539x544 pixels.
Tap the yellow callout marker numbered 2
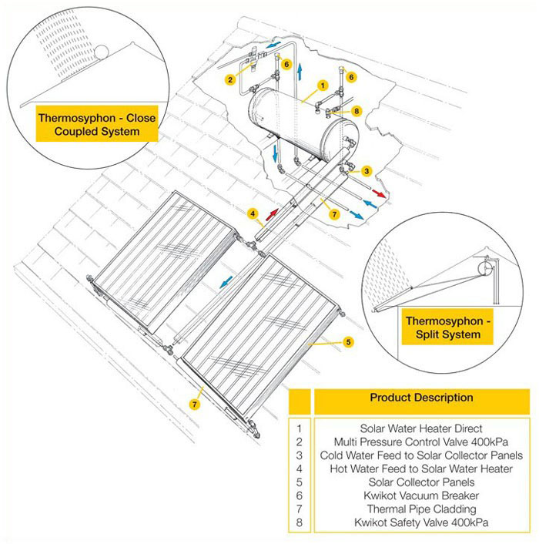pyautogui.click(x=230, y=79)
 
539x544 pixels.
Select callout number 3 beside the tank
pyautogui.click(x=367, y=170)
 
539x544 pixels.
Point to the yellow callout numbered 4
pyautogui.click(x=252, y=213)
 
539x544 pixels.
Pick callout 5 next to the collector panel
pyautogui.click(x=348, y=341)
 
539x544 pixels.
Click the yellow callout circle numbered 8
pyautogui.click(x=357, y=111)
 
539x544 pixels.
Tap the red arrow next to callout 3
pyautogui.click(x=377, y=190)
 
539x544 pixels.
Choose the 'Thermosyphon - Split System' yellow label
pyautogui.click(x=443, y=327)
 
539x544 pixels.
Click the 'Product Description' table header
pyautogui.click(x=421, y=398)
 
